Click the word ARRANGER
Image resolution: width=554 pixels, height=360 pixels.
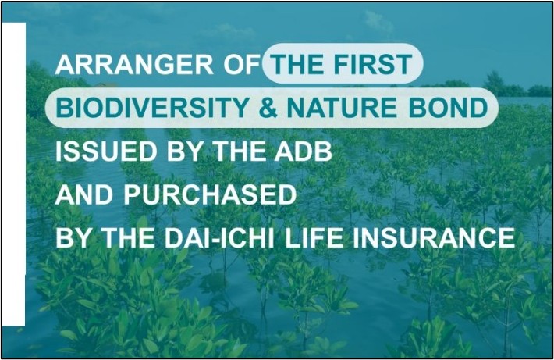134,64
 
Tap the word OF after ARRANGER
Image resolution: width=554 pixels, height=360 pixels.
242,64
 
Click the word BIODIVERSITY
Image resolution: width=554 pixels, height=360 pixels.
152,108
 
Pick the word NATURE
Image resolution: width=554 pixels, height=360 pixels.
342,108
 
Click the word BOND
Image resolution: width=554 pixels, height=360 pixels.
448,108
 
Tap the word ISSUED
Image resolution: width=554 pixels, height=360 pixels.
106,151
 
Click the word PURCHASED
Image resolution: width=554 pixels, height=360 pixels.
210,195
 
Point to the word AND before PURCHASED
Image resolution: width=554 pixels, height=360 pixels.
84,195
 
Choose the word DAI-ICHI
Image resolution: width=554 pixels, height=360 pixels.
219,238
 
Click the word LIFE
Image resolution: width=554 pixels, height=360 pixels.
314,238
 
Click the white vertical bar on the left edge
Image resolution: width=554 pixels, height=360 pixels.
13,174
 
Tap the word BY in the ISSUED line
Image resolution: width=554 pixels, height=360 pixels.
185,151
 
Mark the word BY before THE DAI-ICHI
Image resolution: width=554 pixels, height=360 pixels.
73,238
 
